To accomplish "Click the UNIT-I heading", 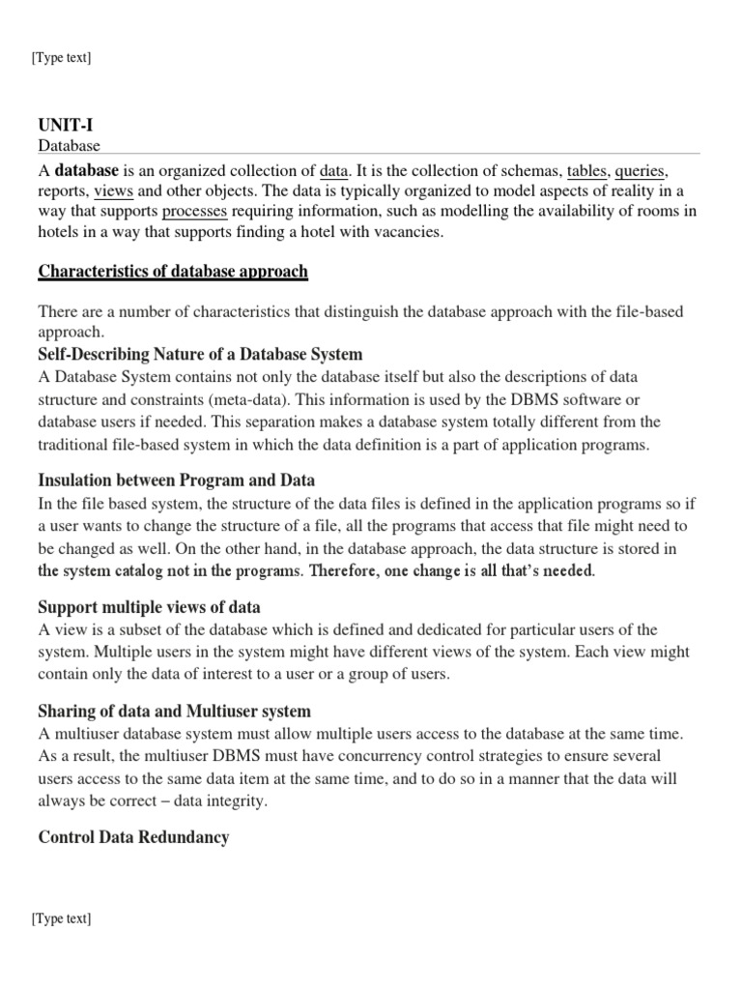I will (66, 126).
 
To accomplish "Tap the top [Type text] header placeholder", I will (61, 58).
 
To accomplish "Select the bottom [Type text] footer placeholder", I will (61, 918).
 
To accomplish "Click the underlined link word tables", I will (585, 171).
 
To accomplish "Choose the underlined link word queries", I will (641, 171).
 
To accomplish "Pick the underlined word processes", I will (195, 212).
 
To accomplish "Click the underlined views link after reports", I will (113, 191).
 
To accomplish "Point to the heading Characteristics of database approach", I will (173, 272).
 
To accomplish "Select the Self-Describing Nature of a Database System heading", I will (200, 354).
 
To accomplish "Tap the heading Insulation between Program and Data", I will (176, 480).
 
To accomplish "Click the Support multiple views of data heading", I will (149, 607).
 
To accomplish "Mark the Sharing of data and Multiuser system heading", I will (174, 713).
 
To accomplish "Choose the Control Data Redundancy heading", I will (133, 837).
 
